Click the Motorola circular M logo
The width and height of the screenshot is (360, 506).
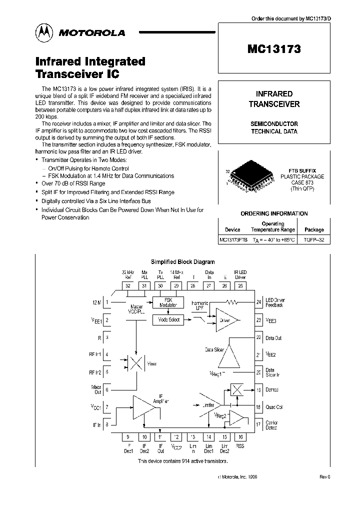coord(43,32)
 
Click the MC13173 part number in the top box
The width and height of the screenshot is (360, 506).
coord(274,49)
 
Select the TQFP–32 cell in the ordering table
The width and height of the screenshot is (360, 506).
coord(314,240)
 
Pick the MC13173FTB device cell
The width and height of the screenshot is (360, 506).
coord(233,240)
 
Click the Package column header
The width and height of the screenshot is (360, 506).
coord(314,230)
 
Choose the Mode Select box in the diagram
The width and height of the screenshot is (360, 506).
coord(168,319)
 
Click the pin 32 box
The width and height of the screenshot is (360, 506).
coord(129,286)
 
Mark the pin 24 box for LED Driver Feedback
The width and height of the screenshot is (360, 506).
coord(258,302)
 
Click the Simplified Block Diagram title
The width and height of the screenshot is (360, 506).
coord(182,261)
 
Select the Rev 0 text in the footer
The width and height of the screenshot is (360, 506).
coord(325,477)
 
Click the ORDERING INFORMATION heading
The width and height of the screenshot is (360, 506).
coord(274,213)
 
